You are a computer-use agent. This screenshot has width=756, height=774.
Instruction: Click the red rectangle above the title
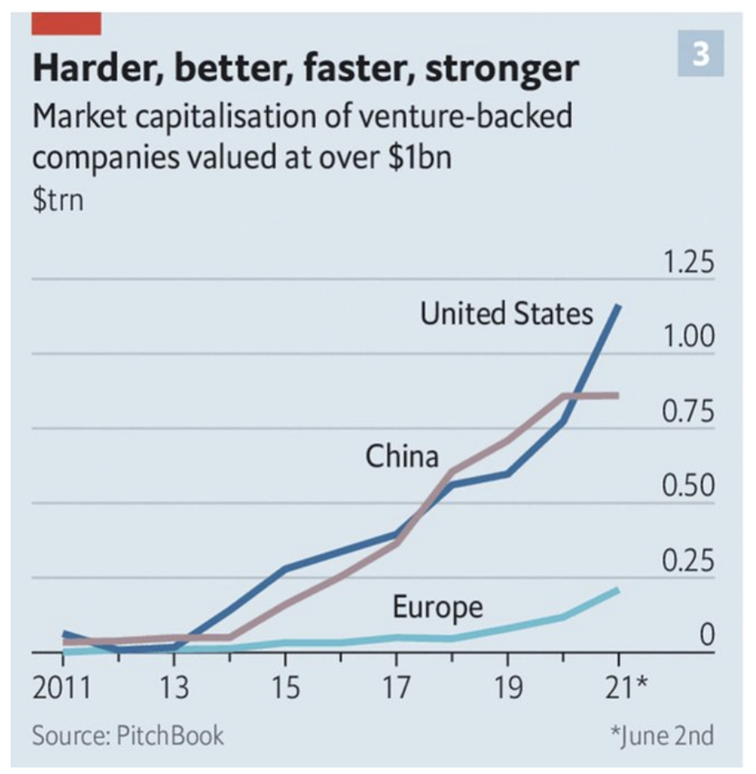point(66,24)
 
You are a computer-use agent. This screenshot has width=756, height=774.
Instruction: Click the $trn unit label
point(57,199)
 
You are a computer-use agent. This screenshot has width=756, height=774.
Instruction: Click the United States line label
point(506,314)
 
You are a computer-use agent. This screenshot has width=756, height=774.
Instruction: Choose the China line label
point(402,456)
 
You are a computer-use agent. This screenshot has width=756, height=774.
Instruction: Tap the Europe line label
point(438,607)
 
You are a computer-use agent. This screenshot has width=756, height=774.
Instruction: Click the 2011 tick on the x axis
point(62,687)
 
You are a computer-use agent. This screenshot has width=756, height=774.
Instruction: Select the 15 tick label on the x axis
point(285,687)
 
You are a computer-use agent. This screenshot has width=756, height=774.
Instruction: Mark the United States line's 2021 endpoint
point(618,306)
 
